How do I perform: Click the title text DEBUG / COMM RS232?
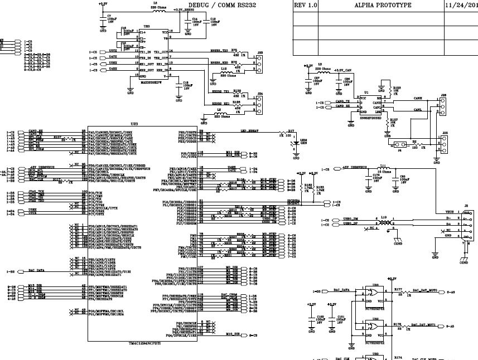tap(229, 5)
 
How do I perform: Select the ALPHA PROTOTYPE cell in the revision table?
tap(383, 5)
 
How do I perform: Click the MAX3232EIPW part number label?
tap(151, 81)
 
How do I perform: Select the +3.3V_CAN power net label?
tap(342, 71)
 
